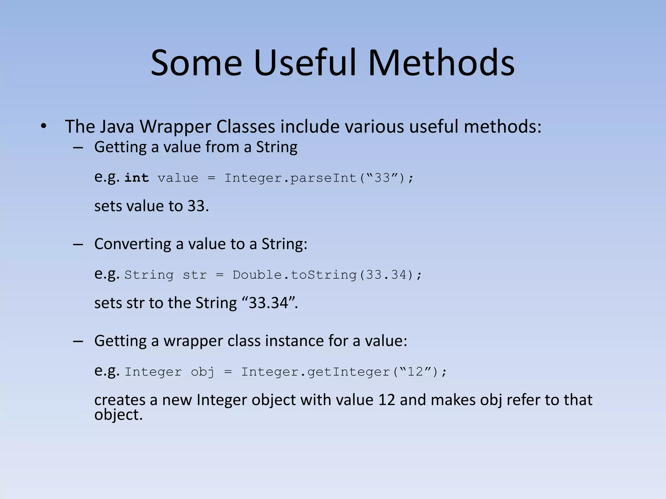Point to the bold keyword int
point(137,178)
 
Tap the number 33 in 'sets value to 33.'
point(197,206)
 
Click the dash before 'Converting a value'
point(78,244)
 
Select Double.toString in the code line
point(294,275)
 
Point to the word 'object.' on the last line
point(118,415)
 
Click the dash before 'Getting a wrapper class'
point(78,341)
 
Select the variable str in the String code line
point(194,275)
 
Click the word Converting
point(133,244)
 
